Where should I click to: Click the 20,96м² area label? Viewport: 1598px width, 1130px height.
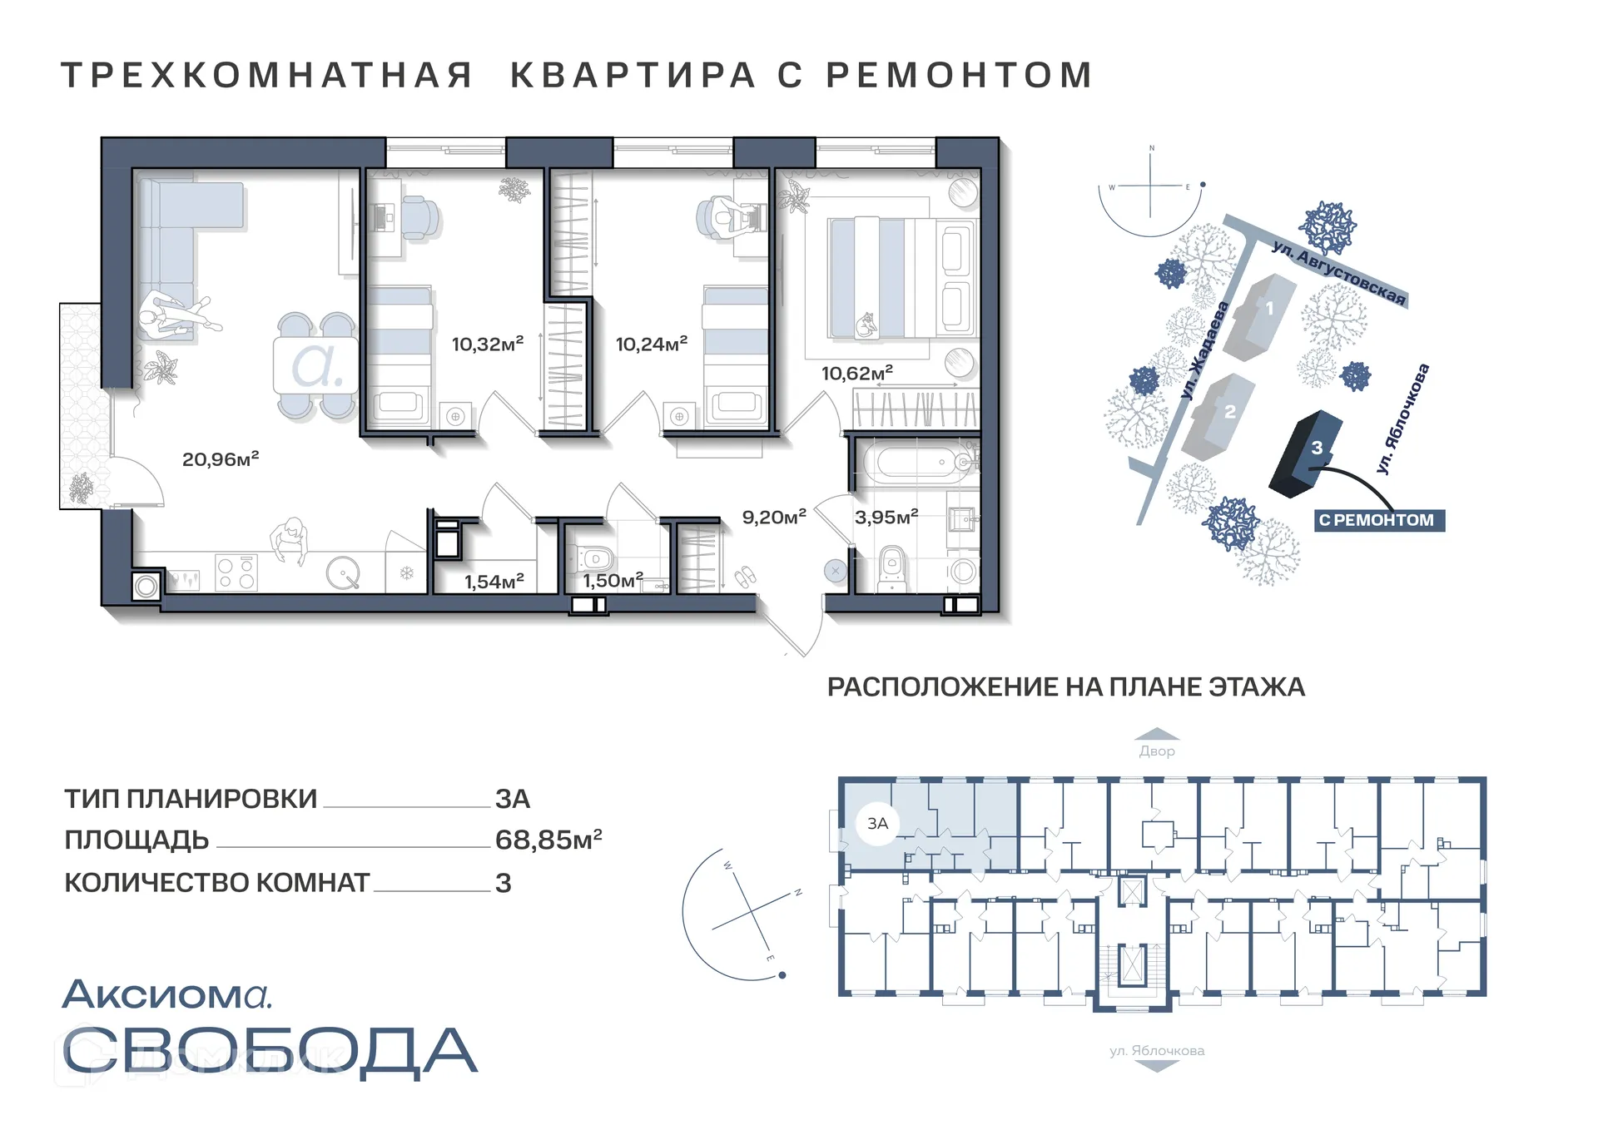coord(221,458)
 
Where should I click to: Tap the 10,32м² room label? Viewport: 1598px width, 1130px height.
coord(487,344)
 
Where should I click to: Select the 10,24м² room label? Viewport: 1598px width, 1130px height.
coord(651,344)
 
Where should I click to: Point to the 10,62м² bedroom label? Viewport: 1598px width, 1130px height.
coord(856,373)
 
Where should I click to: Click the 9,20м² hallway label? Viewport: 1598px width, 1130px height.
coord(774,517)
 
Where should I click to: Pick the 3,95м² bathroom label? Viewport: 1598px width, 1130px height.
coord(886,517)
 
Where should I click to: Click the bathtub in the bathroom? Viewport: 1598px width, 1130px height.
coord(916,463)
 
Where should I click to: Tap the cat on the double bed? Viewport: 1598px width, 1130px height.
coord(866,324)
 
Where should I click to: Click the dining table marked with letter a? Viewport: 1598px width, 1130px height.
coord(315,365)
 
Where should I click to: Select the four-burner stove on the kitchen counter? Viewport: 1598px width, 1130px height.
coord(236,572)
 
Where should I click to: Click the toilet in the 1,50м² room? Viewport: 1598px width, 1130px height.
coord(594,558)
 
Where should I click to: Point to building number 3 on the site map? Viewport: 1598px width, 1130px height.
coord(1307,453)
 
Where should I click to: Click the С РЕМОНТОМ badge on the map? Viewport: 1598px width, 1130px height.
coord(1377,520)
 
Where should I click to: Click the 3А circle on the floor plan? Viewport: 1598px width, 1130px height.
coord(878,824)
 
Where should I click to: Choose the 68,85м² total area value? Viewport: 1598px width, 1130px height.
coord(548,840)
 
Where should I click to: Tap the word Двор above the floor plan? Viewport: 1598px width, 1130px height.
coord(1157,751)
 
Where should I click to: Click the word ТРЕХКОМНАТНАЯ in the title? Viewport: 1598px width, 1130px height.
coord(266,75)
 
